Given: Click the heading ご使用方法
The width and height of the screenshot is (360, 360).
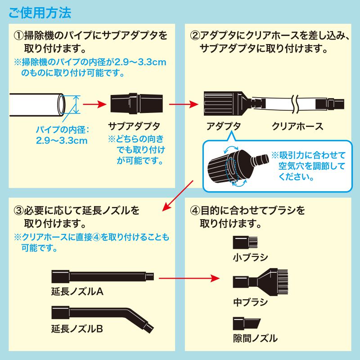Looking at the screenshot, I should pyautogui.click(x=40, y=12).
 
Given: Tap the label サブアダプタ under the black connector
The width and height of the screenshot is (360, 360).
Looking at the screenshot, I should pyautogui.click(x=134, y=126).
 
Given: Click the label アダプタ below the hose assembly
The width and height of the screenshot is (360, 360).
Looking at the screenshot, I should pyautogui.click(x=224, y=126).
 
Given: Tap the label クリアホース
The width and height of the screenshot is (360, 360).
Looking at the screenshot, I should pyautogui.click(x=297, y=126).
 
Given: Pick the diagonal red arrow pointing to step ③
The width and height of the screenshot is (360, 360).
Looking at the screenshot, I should pyautogui.click(x=177, y=196).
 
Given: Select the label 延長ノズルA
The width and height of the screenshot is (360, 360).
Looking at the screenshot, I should pyautogui.click(x=78, y=292).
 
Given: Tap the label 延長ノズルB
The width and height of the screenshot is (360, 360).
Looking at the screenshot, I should pyautogui.click(x=78, y=329).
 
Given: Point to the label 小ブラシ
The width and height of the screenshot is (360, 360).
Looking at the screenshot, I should pyautogui.click(x=251, y=258).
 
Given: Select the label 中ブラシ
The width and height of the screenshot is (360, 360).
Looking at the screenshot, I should pyautogui.click(x=251, y=302).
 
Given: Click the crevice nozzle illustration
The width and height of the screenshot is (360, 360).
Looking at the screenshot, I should pyautogui.click(x=246, y=323).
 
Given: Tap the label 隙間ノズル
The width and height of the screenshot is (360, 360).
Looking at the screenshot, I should pyautogui.click(x=255, y=338).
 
